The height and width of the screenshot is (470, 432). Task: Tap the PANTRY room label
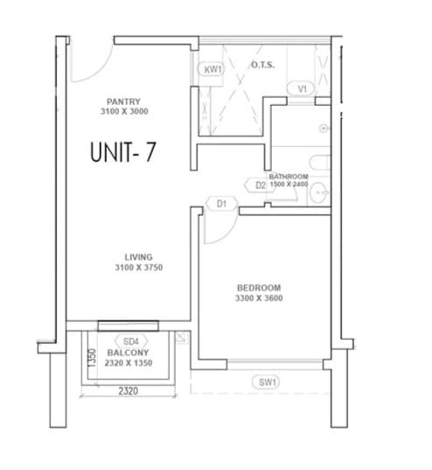124,102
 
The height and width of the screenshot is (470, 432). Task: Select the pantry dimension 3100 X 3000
124,112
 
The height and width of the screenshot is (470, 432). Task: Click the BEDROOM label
259,288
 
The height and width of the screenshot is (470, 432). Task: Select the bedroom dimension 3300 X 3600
259,298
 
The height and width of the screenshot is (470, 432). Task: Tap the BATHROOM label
289,176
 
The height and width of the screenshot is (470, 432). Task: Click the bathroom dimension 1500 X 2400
289,185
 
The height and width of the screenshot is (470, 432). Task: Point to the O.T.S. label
262,65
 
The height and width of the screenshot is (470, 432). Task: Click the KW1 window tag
213,70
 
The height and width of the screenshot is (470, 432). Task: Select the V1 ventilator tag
303,88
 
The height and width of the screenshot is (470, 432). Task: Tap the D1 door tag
221,204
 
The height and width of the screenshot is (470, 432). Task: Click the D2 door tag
261,186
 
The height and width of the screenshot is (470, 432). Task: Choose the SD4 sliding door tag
131,340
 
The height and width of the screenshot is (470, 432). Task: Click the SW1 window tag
267,382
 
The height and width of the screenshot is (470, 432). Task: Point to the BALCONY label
128,351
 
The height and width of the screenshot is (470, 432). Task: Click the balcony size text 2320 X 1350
129,361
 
